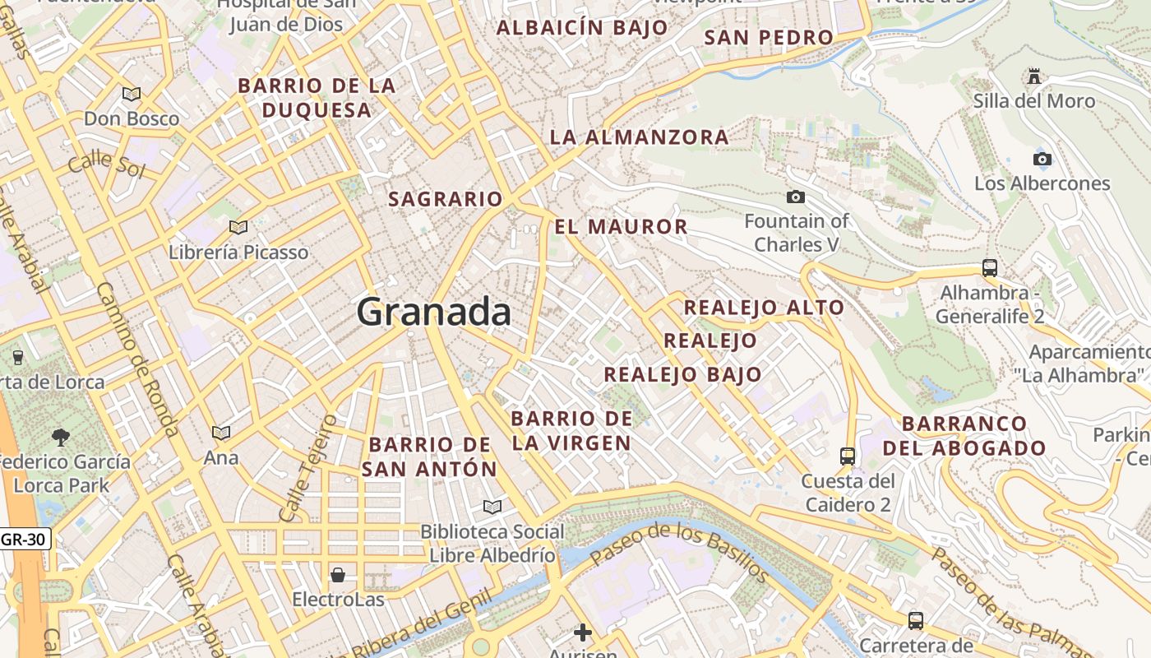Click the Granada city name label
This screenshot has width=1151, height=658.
click(433, 313)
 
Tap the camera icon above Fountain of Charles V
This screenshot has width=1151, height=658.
click(795, 197)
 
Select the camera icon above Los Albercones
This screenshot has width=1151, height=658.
click(1042, 159)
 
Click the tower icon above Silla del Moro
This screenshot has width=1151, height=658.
click(1034, 76)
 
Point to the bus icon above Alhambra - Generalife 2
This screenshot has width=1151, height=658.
click(990, 268)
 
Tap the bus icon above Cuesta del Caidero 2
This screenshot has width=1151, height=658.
click(848, 456)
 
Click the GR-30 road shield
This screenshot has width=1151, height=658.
click(25, 540)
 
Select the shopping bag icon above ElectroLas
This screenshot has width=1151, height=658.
click(338, 574)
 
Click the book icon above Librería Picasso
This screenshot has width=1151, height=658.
click(238, 227)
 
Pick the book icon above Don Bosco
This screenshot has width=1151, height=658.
click(132, 94)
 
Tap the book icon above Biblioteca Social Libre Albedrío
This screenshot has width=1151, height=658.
click(492, 507)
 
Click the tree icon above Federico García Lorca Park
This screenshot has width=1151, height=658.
click(61, 436)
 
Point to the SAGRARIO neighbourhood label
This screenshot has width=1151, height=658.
click(445, 199)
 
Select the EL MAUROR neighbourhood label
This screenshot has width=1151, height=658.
click(621, 227)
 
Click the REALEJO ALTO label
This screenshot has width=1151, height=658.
click(764, 308)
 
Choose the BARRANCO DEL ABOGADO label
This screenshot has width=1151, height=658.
click(964, 436)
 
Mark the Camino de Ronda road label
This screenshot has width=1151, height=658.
click(137, 359)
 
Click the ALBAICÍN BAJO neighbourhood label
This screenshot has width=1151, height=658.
click(582, 27)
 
